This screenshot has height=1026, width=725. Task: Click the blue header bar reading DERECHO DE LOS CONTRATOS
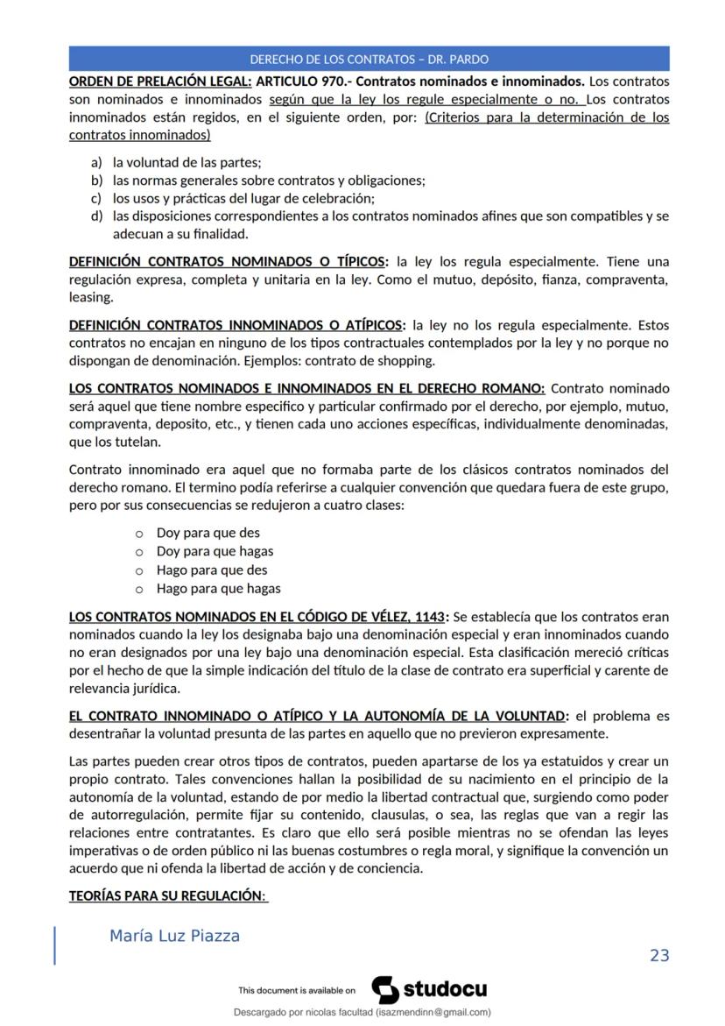[x=369, y=59]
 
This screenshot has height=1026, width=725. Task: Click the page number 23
[x=659, y=955]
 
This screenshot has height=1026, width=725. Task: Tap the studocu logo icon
[x=385, y=989]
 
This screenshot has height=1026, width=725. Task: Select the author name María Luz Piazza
[x=174, y=936]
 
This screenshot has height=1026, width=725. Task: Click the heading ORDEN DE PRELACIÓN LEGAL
[x=160, y=83]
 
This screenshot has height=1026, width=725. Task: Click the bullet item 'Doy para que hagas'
[x=215, y=551]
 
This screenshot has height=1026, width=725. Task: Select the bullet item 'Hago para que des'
[x=212, y=570]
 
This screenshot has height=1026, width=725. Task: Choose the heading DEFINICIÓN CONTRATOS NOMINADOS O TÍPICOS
[x=227, y=261]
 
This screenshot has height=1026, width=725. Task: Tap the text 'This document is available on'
[x=297, y=991]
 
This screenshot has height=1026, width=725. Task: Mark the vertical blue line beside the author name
[x=55, y=945]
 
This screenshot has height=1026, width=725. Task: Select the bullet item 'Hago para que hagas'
[x=218, y=588]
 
